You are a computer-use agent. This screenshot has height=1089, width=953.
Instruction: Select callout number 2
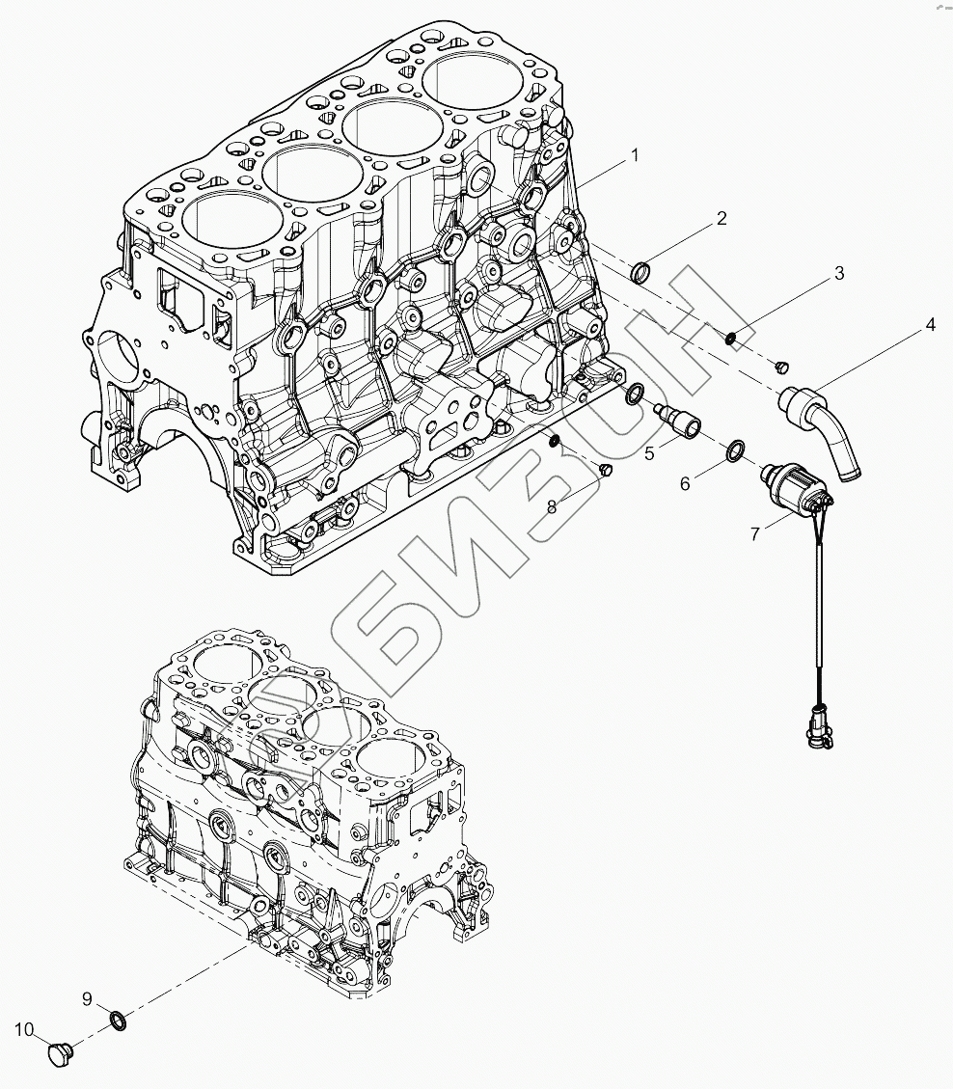click(x=722, y=220)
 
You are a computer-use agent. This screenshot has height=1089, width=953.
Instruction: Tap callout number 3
click(x=839, y=273)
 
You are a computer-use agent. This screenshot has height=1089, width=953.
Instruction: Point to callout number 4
click(x=930, y=325)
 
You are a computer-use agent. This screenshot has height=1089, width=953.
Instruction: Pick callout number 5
click(x=650, y=450)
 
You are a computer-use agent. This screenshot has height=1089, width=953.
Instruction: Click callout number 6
click(x=686, y=483)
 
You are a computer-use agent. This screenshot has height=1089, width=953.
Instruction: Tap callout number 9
click(x=87, y=997)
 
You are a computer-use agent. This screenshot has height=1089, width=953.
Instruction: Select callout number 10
click(x=23, y=1029)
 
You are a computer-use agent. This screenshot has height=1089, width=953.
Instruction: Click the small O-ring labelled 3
click(x=732, y=337)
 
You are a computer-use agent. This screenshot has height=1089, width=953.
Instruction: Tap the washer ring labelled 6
click(x=735, y=449)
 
